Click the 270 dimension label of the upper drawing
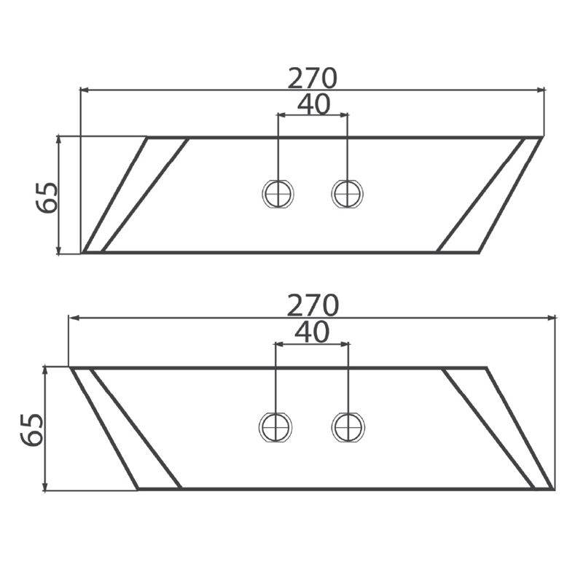pyautogui.click(x=313, y=79)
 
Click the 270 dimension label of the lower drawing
pyautogui.click(x=313, y=305)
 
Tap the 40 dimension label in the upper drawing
pyautogui.click(x=314, y=104)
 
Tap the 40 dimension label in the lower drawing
pyautogui.click(x=313, y=332)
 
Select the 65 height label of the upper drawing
pyautogui.click(x=47, y=197)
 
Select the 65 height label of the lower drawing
pyautogui.click(x=32, y=429)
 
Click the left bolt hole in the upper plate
pyautogui.click(x=278, y=194)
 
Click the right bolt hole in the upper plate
pyautogui.click(x=348, y=194)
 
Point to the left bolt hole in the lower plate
pyautogui.click(x=275, y=427)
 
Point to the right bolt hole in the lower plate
pyautogui.click(x=348, y=427)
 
